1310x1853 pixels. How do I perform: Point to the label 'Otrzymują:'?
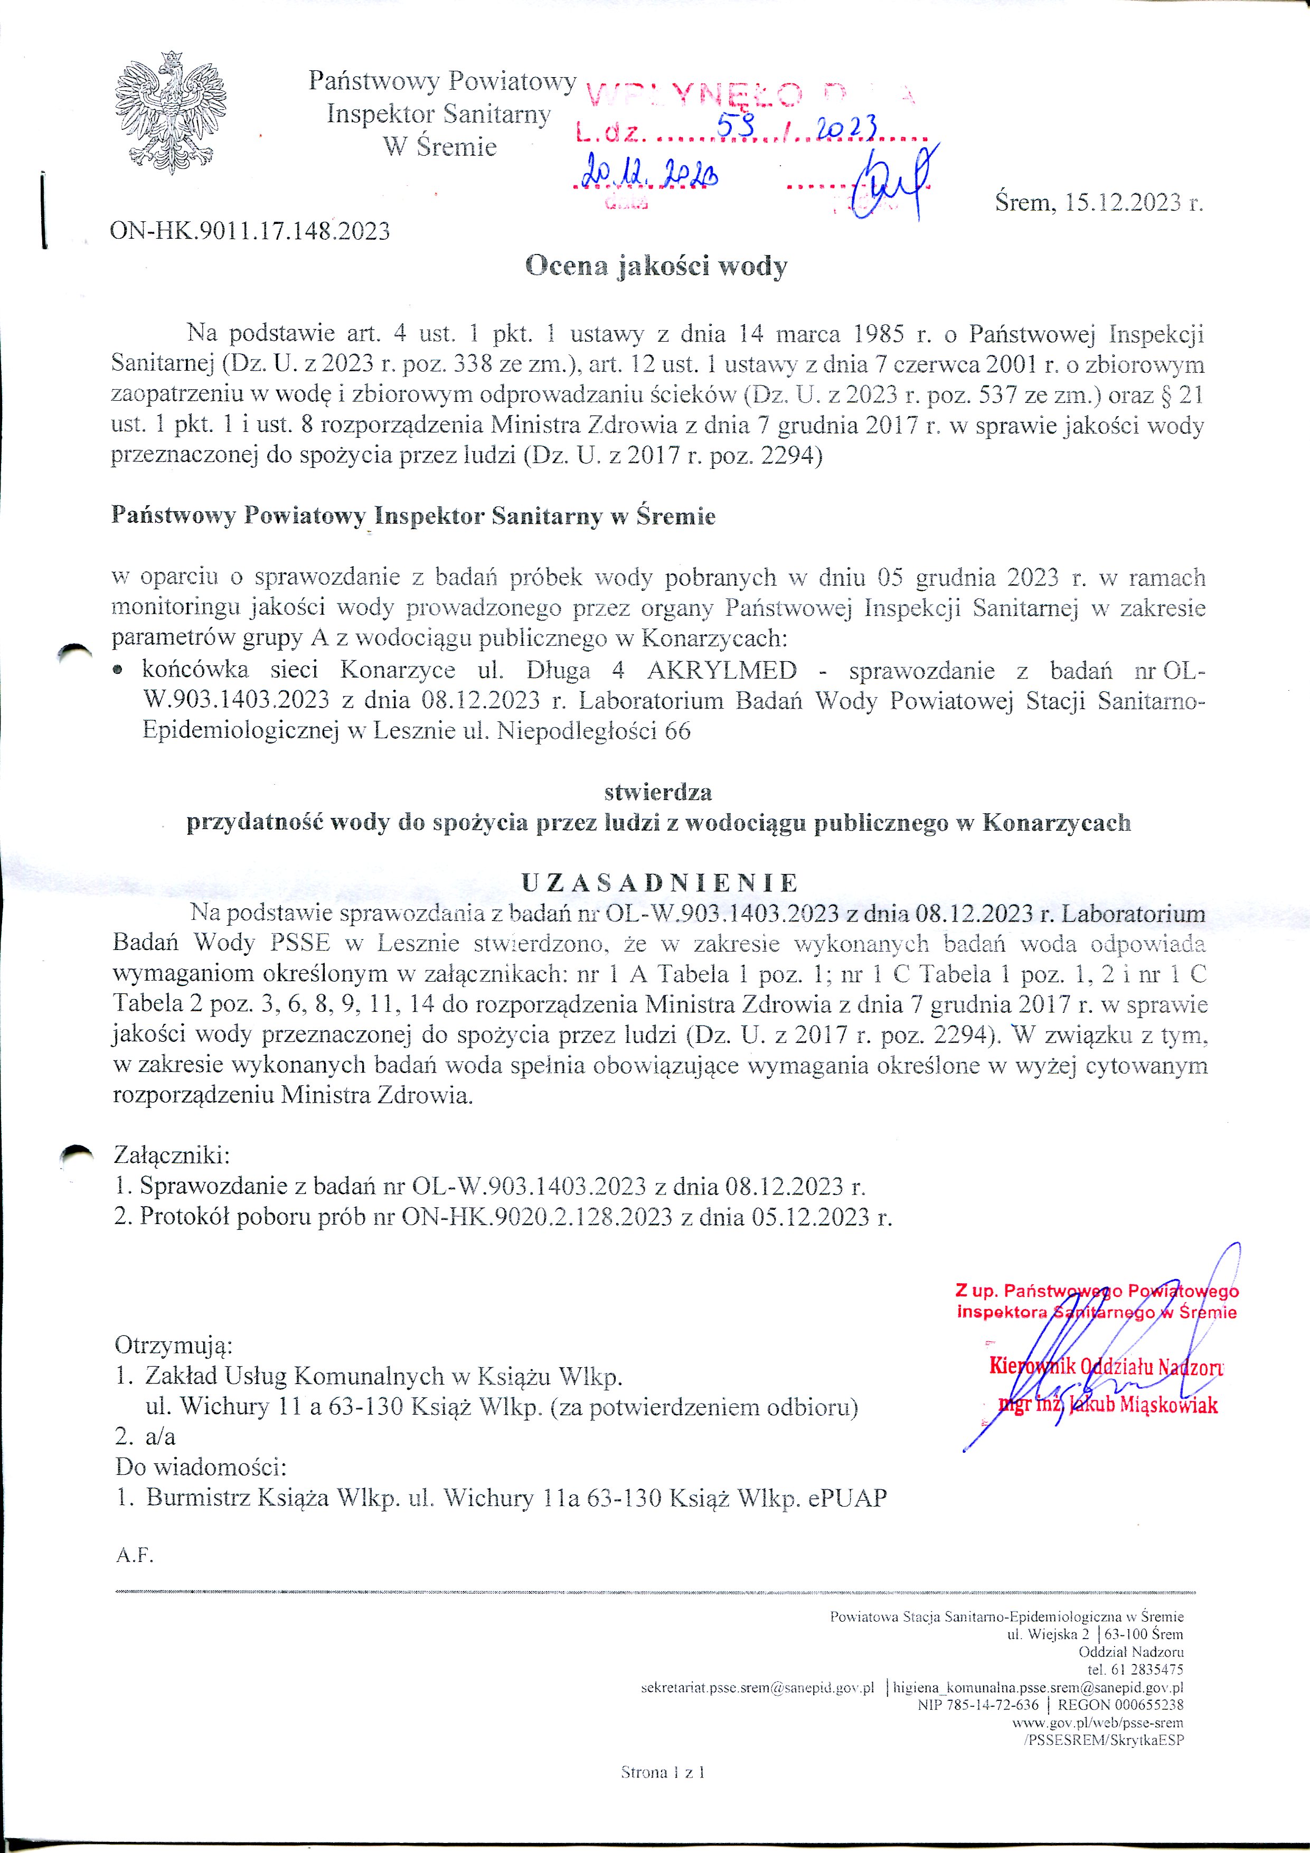[x=174, y=1346]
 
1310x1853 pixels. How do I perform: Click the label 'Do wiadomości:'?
[x=201, y=1466]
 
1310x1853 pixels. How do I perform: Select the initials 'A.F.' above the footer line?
[x=134, y=1555]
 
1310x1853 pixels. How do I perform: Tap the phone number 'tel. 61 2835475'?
[x=1135, y=1669]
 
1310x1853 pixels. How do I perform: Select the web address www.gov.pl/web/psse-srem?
[x=1098, y=1722]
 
